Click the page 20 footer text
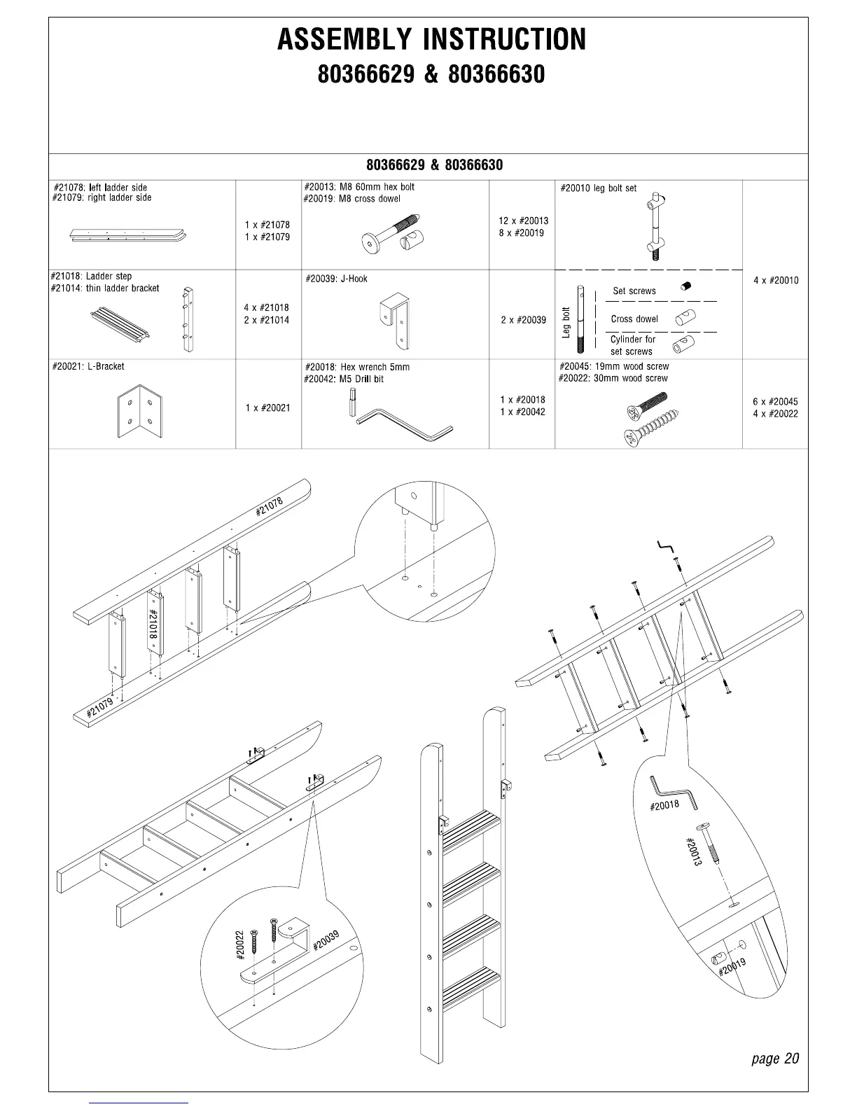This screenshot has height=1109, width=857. [774, 1058]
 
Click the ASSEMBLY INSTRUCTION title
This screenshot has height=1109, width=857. [431, 39]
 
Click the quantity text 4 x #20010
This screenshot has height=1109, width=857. [776, 281]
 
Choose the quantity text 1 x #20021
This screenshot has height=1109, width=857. [267, 407]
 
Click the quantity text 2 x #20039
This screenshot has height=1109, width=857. [523, 320]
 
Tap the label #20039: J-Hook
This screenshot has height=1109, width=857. [336, 279]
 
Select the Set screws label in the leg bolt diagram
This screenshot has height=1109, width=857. [634, 291]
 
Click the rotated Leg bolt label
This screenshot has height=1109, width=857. [566, 322]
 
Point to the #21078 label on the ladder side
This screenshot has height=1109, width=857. [270, 505]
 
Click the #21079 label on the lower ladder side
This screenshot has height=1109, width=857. [99, 708]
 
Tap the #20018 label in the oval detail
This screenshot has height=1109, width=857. [664, 805]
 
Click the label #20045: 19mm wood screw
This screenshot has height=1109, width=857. [613, 366]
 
